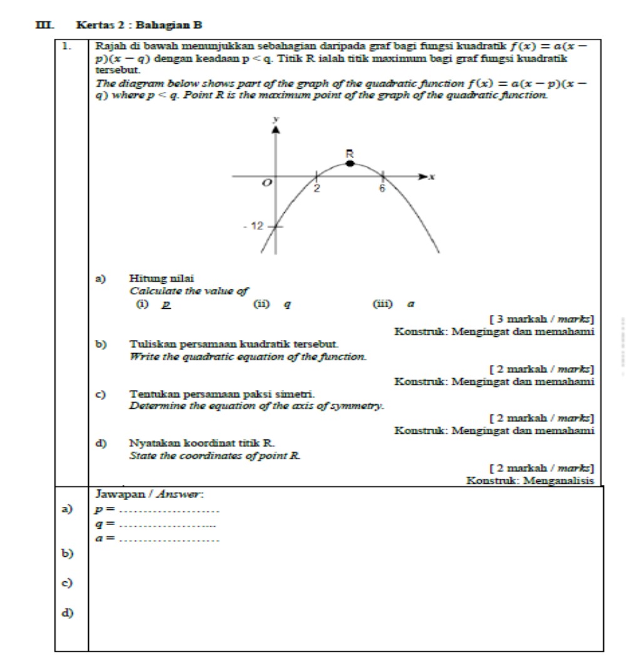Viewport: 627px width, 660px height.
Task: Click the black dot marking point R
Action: pos(350,164)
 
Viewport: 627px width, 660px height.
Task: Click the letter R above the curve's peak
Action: pos(350,152)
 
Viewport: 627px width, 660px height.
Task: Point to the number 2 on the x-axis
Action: pos(317,188)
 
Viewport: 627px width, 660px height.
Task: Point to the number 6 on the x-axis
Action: pos(381,188)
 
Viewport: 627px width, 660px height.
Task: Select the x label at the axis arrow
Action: pos(432,178)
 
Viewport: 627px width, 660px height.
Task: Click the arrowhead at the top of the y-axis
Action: pos(273,129)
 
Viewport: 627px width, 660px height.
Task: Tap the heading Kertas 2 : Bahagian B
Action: pos(139,25)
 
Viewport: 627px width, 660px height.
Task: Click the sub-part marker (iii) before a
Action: pos(382,304)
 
